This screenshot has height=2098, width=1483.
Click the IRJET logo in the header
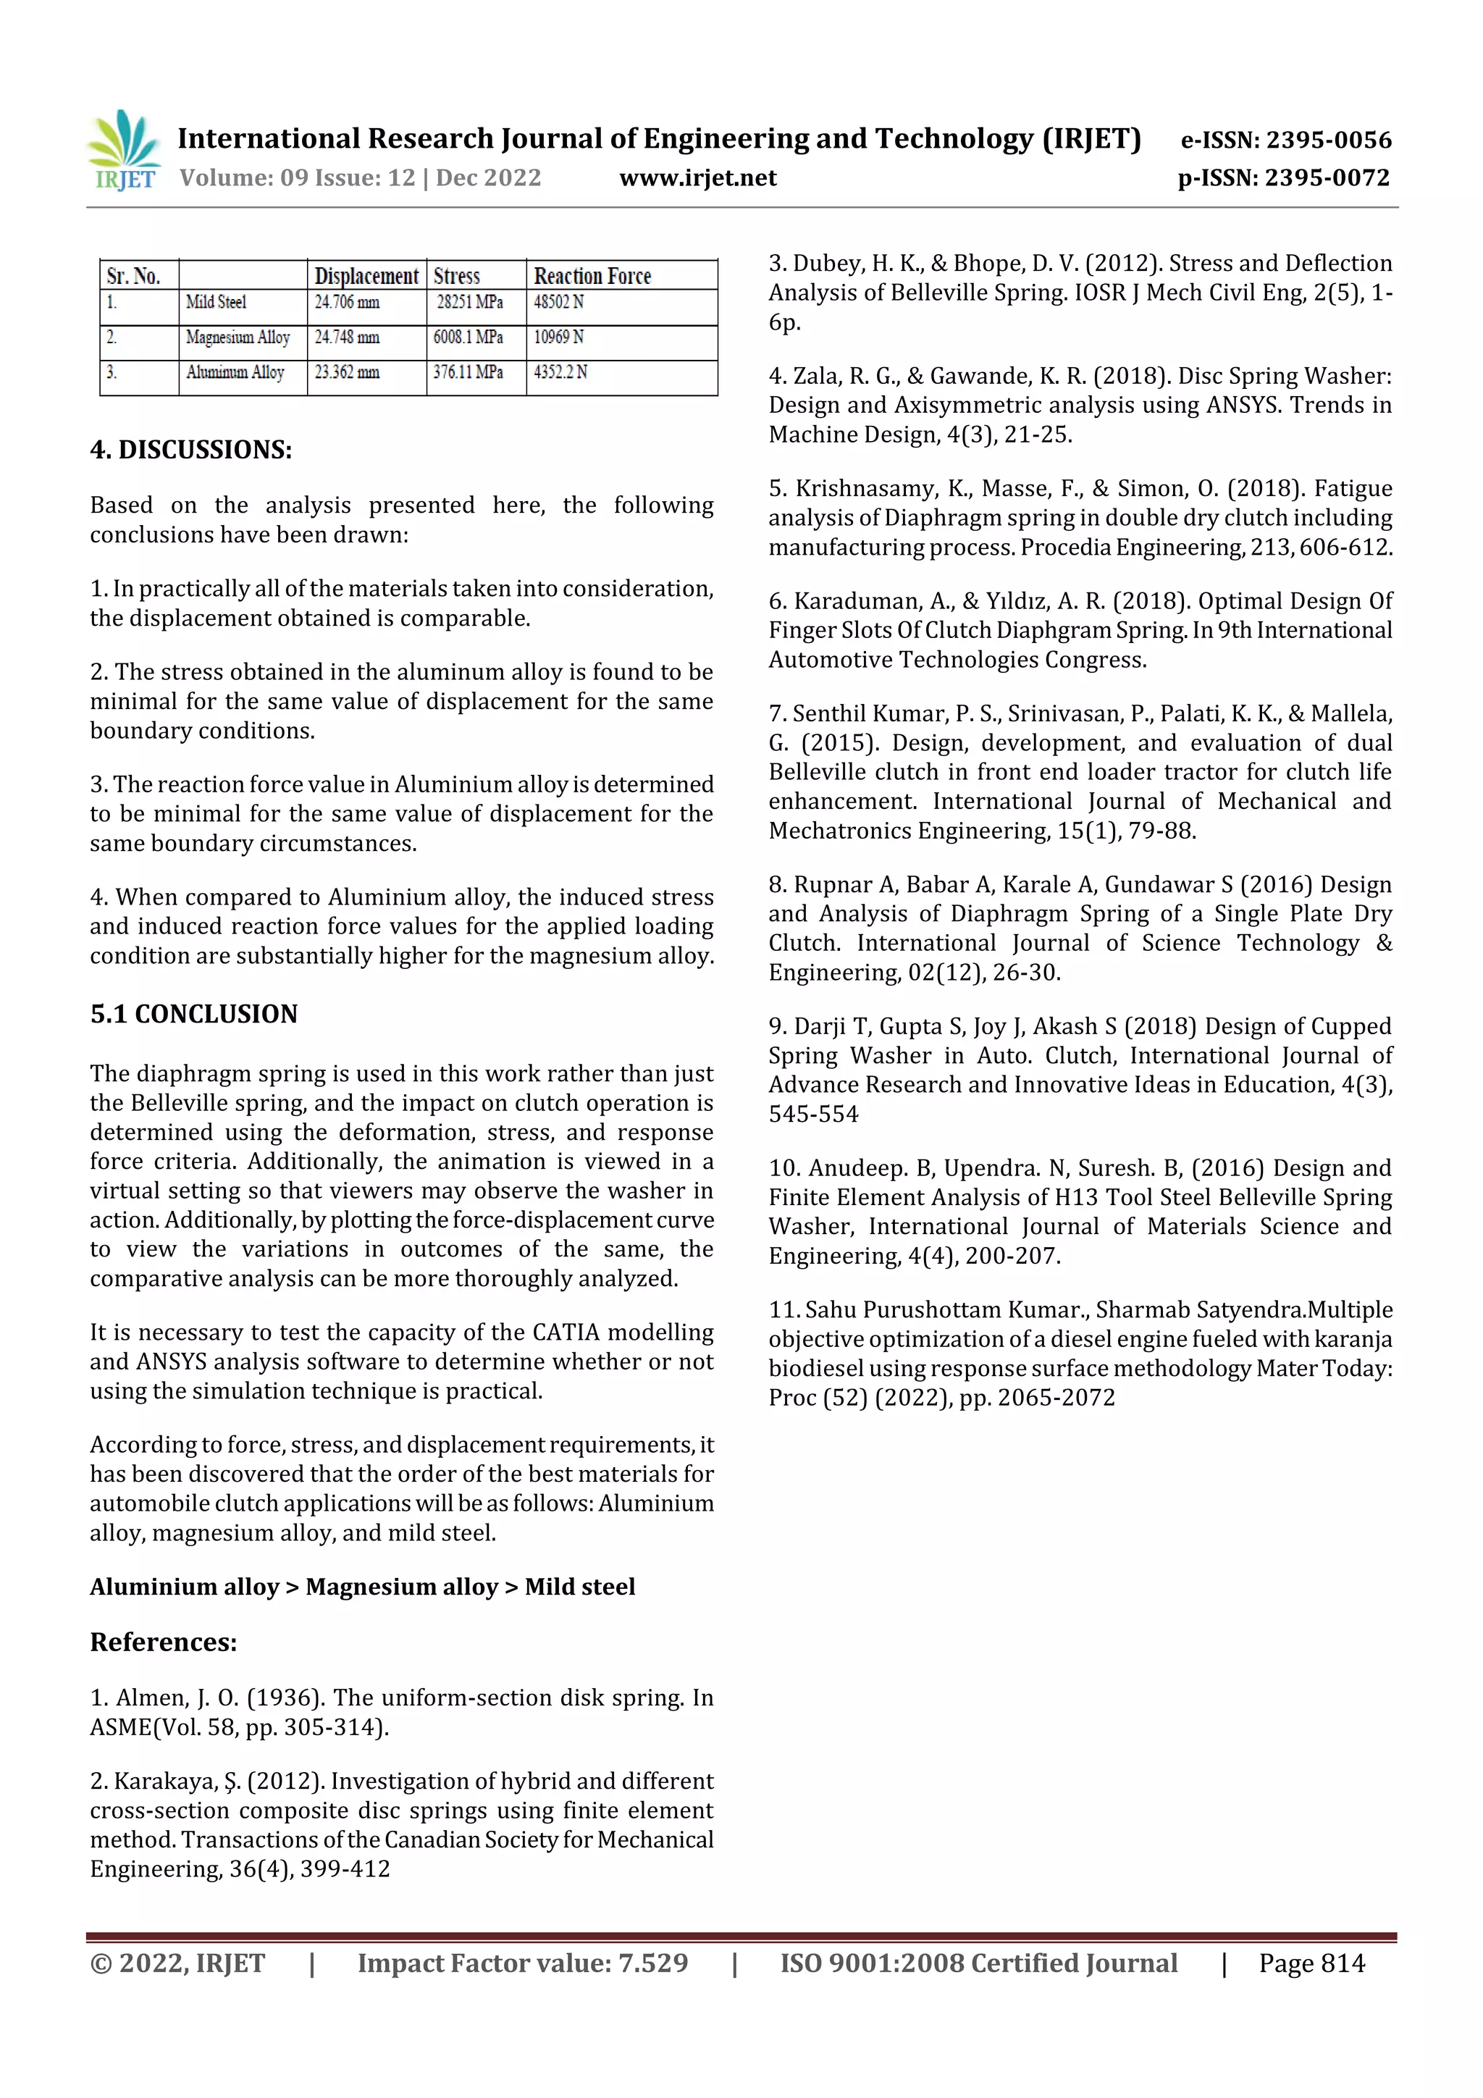coord(125,151)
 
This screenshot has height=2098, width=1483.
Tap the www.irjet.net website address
coord(697,178)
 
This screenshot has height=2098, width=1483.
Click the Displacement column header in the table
coord(366,276)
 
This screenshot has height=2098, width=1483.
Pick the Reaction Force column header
coord(592,276)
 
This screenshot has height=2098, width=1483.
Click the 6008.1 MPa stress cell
coord(468,337)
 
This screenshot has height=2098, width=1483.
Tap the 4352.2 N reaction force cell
coord(560,372)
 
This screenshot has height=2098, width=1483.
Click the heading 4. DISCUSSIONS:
coord(191,450)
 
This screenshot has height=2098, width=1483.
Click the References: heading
coord(164,1642)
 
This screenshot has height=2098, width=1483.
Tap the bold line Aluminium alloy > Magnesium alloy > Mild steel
coord(362,1586)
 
